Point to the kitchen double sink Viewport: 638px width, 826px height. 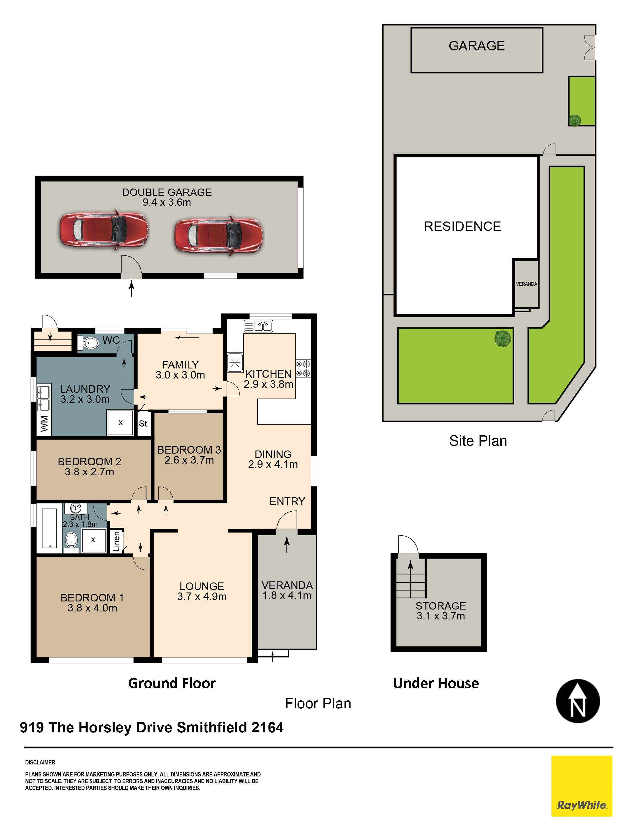pyautogui.click(x=258, y=326)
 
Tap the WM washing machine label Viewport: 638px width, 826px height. pyautogui.click(x=44, y=424)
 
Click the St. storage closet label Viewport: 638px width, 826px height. pyautogui.click(x=144, y=424)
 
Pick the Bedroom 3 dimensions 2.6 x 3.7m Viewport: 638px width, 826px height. pyautogui.click(x=189, y=460)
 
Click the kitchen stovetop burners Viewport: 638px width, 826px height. pyautogui.click(x=303, y=369)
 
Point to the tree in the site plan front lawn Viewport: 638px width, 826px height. pyautogui.click(x=503, y=338)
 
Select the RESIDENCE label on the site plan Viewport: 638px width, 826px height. pyautogui.click(x=462, y=226)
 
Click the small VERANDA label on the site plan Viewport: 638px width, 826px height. pyautogui.click(x=526, y=284)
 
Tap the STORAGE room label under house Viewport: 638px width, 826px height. pyautogui.click(x=441, y=606)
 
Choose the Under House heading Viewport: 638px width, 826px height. pyautogui.click(x=436, y=683)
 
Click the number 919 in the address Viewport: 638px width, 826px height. pyautogui.click(x=32, y=727)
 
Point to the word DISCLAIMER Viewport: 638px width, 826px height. pyautogui.click(x=40, y=762)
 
